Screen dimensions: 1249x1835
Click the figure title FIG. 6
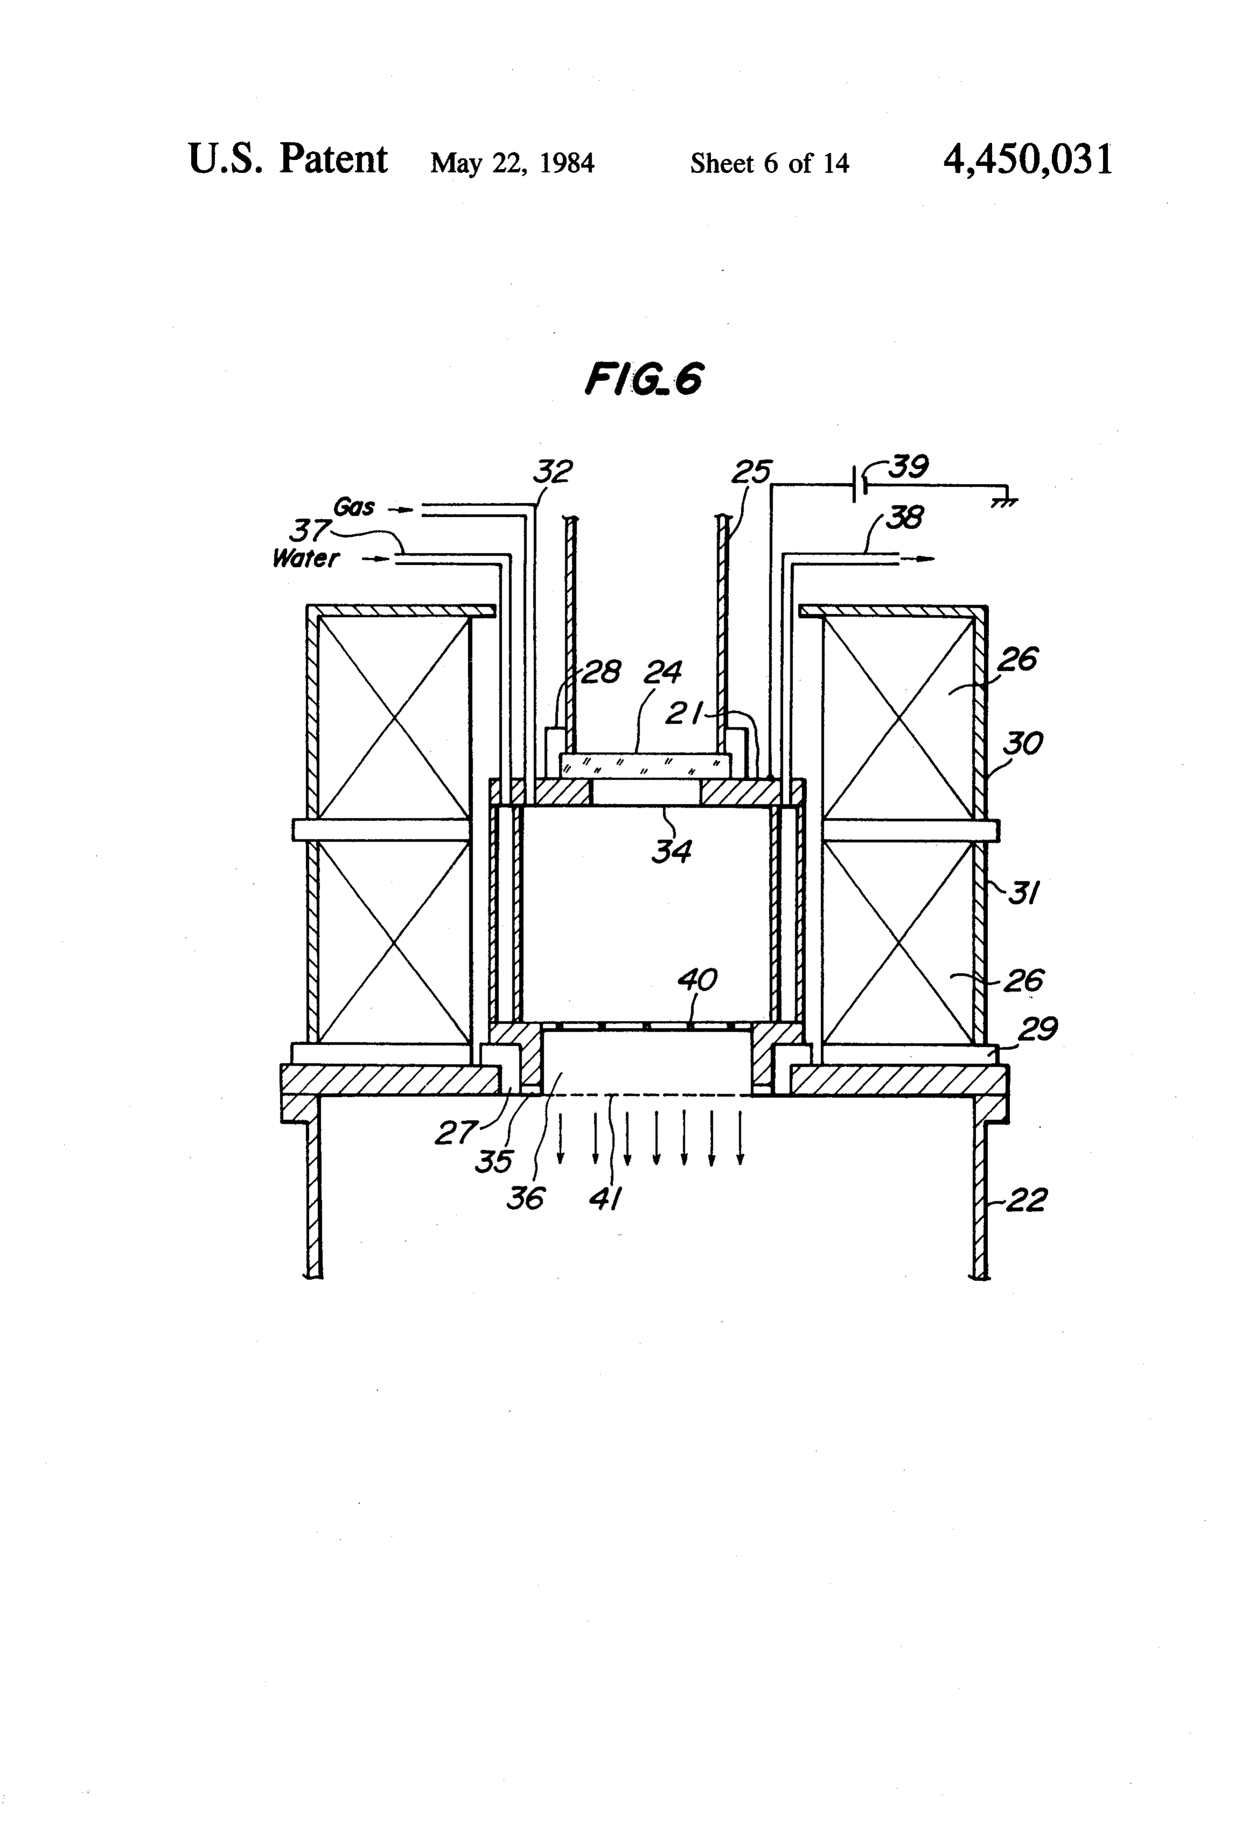pyautogui.click(x=643, y=380)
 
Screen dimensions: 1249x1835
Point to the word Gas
pyautogui.click(x=354, y=506)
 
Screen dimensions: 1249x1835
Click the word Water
pyautogui.click(x=306, y=558)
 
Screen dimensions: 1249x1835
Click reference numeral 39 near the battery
pyautogui.click(x=909, y=467)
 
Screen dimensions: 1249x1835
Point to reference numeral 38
pyautogui.click(x=906, y=518)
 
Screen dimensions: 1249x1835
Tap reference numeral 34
pyautogui.click(x=672, y=851)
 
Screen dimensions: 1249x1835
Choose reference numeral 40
pyautogui.click(x=697, y=980)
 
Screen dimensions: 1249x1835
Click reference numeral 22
pyautogui.click(x=1027, y=1200)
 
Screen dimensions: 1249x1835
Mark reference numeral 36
pyautogui.click(x=525, y=1199)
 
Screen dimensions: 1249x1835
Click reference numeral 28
pyautogui.click(x=601, y=673)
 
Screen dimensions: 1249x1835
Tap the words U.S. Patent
pyautogui.click(x=288, y=159)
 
